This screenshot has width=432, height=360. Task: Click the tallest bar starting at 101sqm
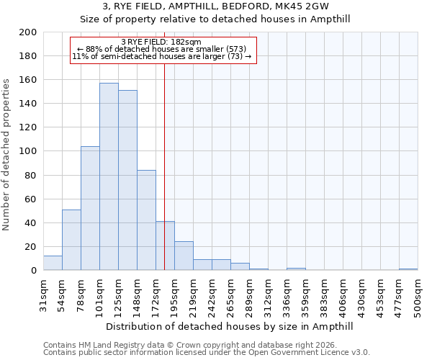109,176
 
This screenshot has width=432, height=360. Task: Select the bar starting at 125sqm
127,180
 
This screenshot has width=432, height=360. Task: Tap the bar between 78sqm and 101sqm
90,208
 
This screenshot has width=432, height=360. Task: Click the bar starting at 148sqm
146,220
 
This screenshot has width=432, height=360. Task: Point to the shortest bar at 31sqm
53,263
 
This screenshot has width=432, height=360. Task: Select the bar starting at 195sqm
184,256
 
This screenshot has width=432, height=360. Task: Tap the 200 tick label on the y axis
28,32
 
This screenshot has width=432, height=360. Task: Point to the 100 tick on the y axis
28,151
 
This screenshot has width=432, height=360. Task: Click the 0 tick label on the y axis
33,271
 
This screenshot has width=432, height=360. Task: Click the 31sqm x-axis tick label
43,294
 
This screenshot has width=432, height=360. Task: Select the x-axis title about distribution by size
230,326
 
